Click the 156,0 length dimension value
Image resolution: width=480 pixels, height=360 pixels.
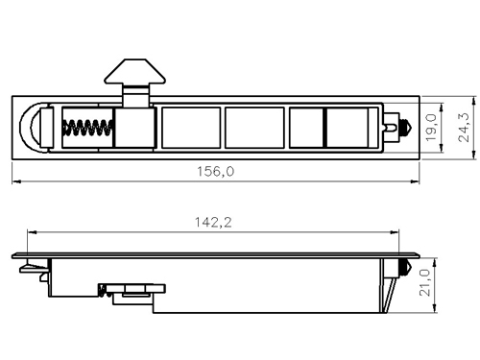tap(215, 172)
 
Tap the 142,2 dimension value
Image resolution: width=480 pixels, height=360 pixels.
tap(213, 222)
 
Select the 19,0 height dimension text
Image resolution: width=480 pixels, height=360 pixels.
tap(431, 128)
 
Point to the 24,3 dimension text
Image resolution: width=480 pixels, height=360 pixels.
tap(463, 128)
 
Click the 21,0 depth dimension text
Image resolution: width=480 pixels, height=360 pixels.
tap(424, 282)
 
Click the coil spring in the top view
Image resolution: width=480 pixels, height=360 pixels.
tap(88, 128)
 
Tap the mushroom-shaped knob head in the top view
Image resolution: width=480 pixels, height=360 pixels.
tap(134, 71)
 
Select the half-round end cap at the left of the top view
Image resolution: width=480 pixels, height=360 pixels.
tap(35, 128)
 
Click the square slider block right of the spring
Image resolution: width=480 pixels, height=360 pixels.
tap(134, 128)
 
